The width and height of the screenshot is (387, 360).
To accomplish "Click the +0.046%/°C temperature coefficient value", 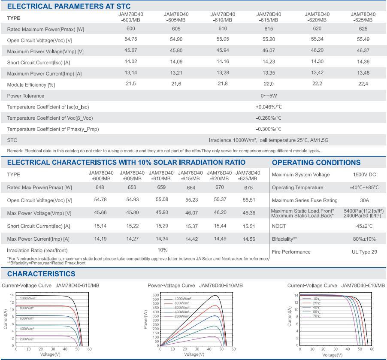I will point(268,106).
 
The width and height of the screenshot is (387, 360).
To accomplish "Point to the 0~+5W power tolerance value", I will point(269,96).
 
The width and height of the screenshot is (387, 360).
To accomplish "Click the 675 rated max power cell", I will point(248,187).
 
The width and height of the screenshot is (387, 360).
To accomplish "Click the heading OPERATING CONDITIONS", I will point(316,163).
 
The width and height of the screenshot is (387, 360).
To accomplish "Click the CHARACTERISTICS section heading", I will point(41,274).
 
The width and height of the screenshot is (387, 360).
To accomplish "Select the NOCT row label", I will point(278,226).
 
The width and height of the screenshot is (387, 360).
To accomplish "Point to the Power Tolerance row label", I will point(26,96).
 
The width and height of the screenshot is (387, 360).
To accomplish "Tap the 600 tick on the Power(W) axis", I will point(155,295).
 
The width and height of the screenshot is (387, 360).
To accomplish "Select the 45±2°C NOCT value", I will point(364,226).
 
